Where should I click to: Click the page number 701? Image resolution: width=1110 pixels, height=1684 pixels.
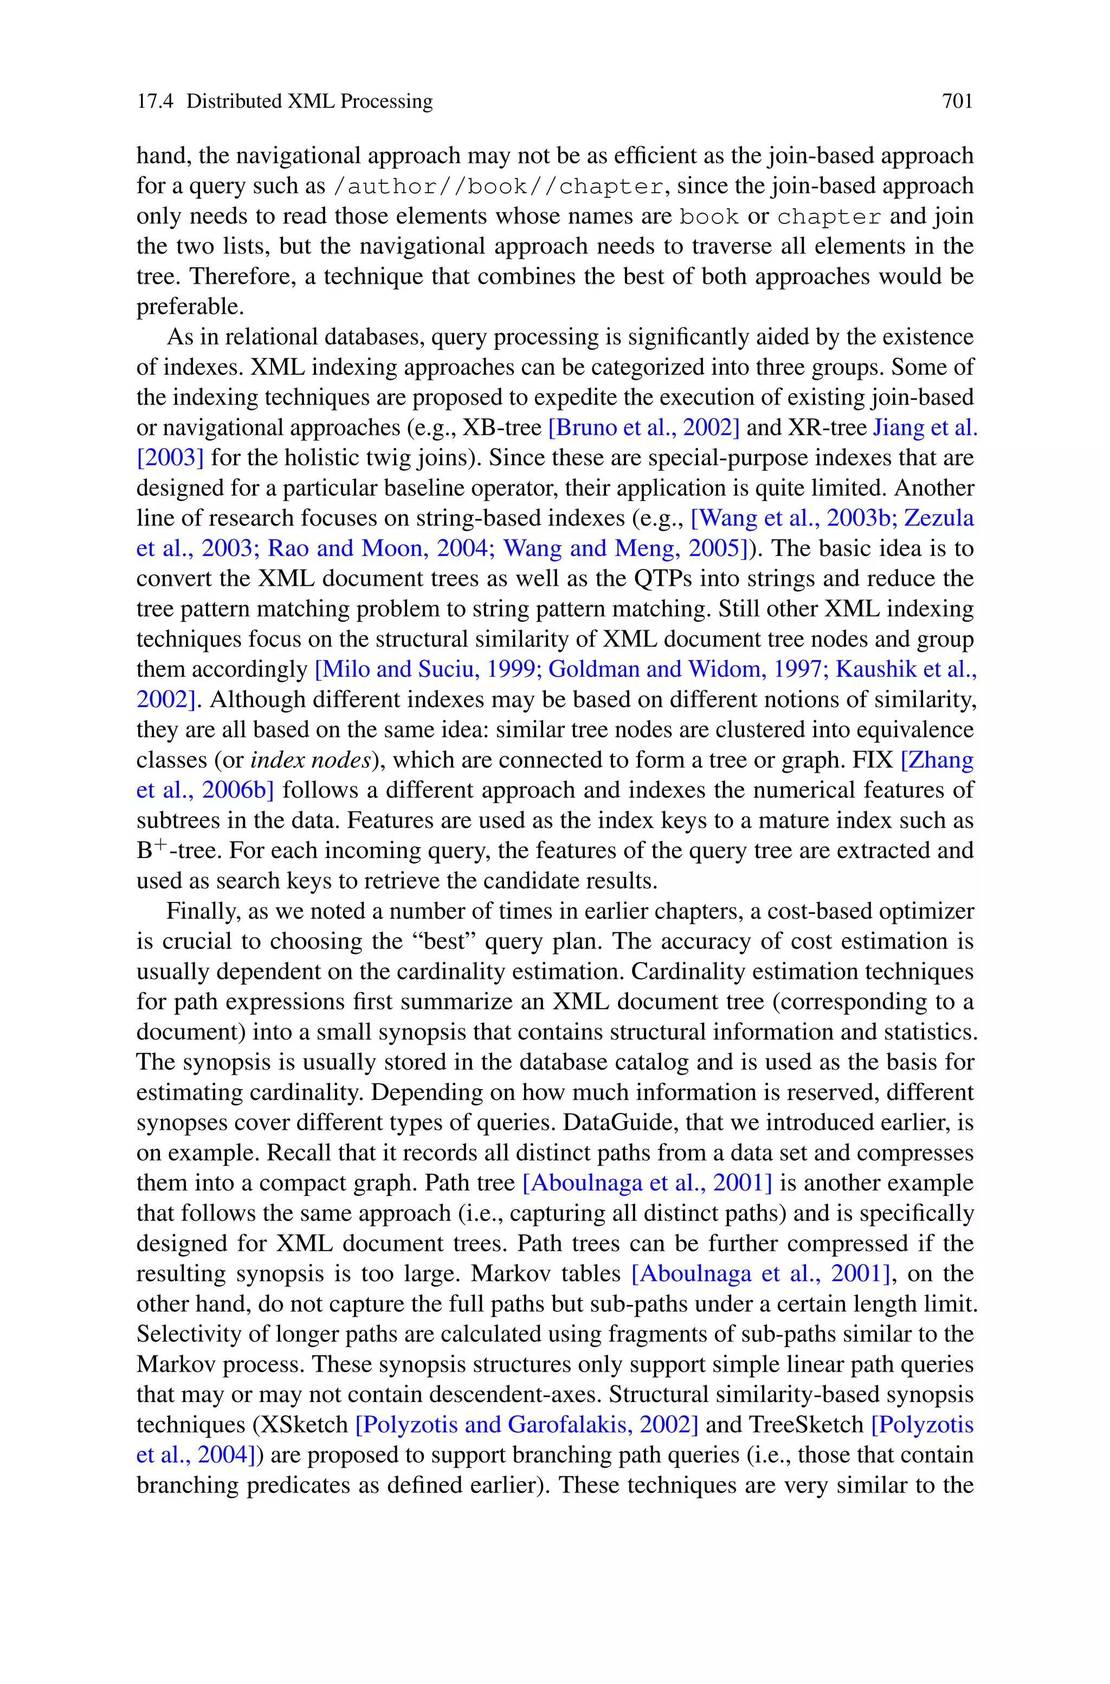(957, 101)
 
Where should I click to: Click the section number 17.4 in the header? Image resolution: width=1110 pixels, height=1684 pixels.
(154, 101)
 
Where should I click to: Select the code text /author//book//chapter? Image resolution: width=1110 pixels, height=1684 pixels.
(499, 186)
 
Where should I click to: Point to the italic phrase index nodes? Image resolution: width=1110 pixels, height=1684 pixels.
(311, 760)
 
